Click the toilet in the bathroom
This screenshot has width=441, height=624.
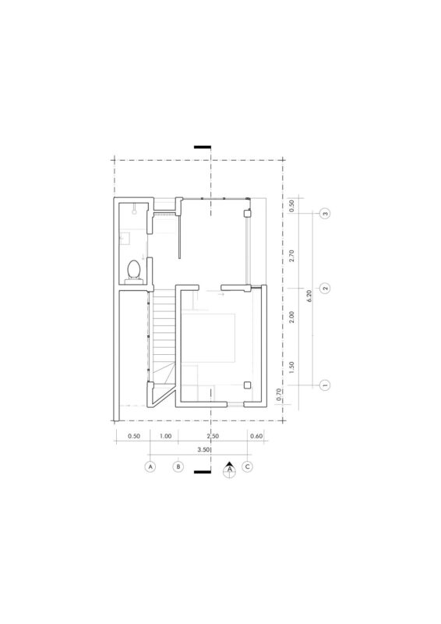[133, 271]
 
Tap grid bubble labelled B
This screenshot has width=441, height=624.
[178, 466]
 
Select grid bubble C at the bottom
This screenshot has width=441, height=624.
[247, 466]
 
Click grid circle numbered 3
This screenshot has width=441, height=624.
[325, 214]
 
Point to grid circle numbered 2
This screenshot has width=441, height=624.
[325, 288]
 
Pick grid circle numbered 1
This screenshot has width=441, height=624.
[325, 385]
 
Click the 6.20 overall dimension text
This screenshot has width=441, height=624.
[310, 296]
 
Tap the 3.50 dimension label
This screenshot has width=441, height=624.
[203, 450]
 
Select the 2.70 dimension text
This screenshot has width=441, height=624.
[292, 256]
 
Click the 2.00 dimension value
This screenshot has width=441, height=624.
[292, 317]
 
